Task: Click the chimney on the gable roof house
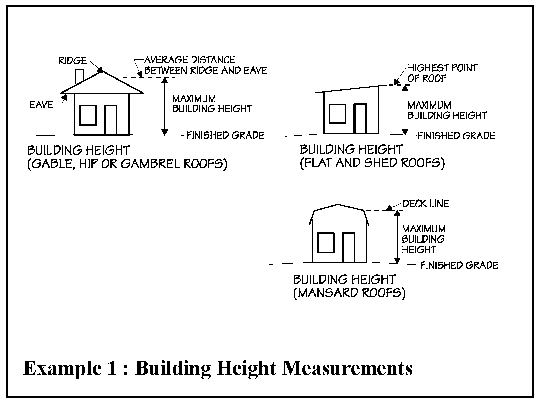[79, 77]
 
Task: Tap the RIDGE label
[73, 61]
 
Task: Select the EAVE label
[41, 105]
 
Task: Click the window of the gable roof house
[88, 115]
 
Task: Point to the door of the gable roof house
[110, 120]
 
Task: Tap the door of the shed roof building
[360, 118]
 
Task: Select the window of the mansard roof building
[326, 243]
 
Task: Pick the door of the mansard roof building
[348, 248]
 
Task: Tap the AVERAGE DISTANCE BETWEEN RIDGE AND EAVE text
[205, 65]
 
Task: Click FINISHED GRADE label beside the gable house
[225, 135]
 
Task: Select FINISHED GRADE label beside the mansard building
[459, 265]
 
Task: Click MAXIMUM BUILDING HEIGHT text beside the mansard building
[423, 239]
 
